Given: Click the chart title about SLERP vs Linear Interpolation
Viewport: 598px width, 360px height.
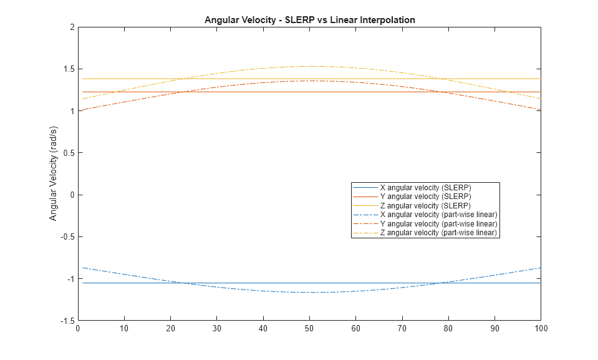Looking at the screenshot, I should point(309,20).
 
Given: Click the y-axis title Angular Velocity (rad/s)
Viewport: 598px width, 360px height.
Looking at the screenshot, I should point(54,173).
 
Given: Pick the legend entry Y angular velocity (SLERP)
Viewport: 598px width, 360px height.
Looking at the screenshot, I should point(425,197).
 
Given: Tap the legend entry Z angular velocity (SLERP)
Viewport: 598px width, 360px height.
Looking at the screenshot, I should point(425,205).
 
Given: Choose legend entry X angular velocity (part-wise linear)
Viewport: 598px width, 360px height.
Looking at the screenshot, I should point(438,215).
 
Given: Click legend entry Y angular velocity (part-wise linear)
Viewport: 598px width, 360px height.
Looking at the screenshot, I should point(438,223).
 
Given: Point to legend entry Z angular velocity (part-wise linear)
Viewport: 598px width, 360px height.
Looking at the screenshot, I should point(438,233).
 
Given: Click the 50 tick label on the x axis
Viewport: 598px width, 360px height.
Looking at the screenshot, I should point(309,328).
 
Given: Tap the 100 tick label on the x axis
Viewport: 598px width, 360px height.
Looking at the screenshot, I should point(541,328).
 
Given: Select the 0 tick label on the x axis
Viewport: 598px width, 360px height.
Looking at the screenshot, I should point(78,328).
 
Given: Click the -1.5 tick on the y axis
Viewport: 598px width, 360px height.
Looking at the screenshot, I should point(67,321).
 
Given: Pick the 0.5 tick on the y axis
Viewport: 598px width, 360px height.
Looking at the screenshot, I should point(69,153).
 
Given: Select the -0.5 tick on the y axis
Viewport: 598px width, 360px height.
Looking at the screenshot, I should point(67,237).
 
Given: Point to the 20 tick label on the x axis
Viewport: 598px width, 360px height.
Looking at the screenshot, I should point(170,328).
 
